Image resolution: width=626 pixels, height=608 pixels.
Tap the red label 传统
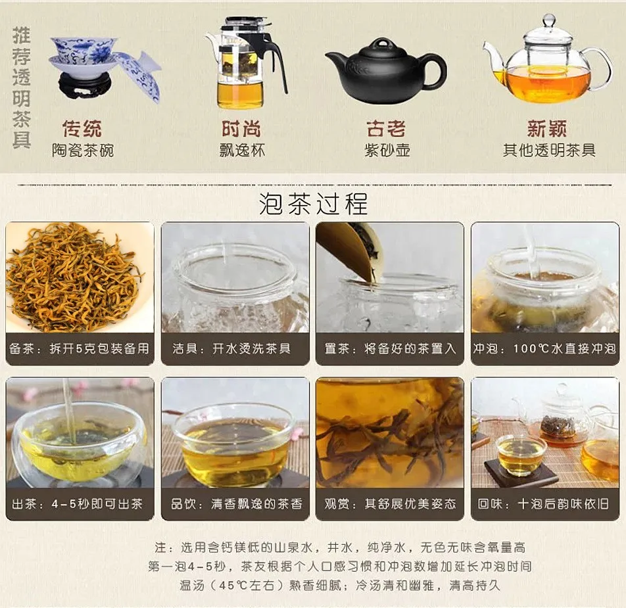82,128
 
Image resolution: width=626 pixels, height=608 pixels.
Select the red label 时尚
242,128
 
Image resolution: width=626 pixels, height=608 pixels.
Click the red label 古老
386,128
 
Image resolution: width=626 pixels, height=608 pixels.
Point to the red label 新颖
547,128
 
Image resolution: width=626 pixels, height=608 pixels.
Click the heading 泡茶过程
313,204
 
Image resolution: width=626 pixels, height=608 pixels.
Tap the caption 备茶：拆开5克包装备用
80,349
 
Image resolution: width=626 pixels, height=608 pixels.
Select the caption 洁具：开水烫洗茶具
235,349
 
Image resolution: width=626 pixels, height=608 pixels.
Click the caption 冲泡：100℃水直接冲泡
545,349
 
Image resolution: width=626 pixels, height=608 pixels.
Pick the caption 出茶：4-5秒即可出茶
80,504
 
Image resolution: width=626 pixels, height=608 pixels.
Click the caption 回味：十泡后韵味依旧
545,504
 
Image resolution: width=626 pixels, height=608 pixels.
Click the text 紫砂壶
387,151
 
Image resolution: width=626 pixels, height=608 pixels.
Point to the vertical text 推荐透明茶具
22,89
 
